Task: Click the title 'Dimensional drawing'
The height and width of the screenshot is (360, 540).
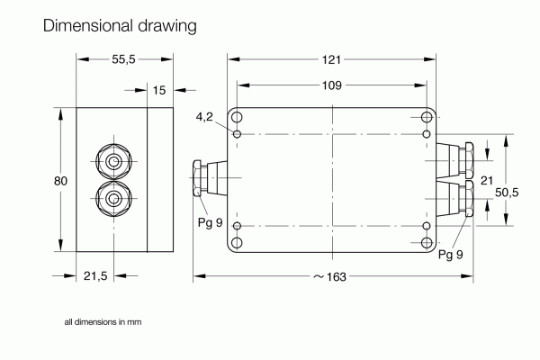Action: pos(119,26)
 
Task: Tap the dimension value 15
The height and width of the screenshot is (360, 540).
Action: pos(159,90)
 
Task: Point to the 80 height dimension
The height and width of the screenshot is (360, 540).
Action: pos(60,181)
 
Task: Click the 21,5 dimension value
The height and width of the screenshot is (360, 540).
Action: pos(96,276)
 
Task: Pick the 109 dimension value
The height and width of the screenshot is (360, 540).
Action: pos(332,85)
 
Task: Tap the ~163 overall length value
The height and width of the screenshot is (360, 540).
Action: pos(329,276)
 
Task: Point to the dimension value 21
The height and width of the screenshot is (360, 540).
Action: pos(487,181)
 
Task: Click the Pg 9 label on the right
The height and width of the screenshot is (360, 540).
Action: pos(451,255)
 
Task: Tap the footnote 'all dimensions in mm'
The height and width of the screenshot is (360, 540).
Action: pos(103,321)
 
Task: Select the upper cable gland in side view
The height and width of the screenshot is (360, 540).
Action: pos(113,163)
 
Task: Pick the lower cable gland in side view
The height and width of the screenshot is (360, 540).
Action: pos(113,198)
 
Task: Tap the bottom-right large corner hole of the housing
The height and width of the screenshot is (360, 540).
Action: pos(427,243)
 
